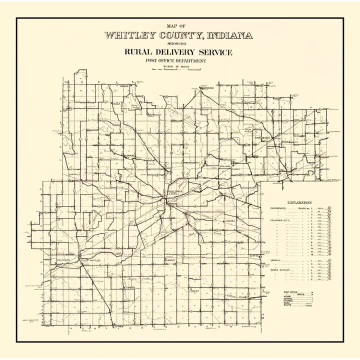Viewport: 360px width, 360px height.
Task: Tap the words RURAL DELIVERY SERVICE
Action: pyautogui.click(x=178, y=51)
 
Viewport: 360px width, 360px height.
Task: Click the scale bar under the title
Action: pyautogui.click(x=179, y=69)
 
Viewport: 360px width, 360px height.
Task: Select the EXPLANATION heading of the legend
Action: pyautogui.click(x=297, y=202)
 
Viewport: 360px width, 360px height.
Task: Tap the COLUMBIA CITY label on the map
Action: pyautogui.click(x=175, y=192)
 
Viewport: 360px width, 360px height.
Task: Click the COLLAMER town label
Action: pyautogui.click(x=64, y=260)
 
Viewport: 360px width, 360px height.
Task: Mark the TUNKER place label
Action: pyautogui.click(x=130, y=287)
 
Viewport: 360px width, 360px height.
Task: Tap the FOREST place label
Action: pyautogui.click(x=194, y=290)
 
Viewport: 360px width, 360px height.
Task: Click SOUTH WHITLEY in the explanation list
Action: pyautogui.click(x=280, y=270)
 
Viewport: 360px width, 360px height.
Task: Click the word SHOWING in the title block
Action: pyautogui.click(x=178, y=43)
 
